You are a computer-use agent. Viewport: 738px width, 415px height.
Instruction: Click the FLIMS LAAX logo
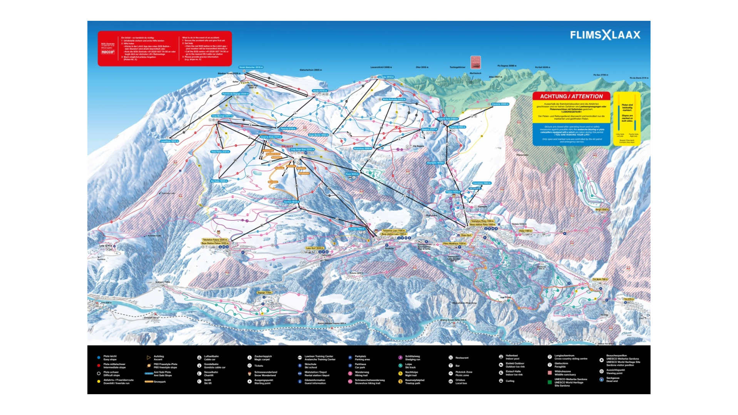coord(605,35)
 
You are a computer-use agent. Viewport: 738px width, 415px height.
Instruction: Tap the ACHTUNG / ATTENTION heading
coord(571,96)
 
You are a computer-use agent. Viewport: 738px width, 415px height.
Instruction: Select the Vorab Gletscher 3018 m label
coord(251,67)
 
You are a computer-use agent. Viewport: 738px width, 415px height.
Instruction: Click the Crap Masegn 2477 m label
coord(222,116)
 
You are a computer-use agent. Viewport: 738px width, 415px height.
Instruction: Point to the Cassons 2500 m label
coord(500,104)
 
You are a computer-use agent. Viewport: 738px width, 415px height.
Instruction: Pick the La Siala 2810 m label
coord(385,77)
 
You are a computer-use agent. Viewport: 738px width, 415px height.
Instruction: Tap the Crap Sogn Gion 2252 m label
coord(302,150)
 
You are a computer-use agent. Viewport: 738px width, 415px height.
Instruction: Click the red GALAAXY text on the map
coord(287,146)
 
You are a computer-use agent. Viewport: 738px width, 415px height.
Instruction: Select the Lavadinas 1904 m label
coord(169,141)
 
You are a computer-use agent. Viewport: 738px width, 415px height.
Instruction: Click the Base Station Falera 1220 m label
coord(215,243)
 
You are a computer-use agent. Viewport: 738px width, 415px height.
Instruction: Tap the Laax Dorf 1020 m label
coord(315,248)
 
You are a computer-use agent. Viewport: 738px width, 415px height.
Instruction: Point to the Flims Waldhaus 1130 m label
coord(454,244)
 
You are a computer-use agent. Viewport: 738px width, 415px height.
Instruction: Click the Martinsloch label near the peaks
coord(475,73)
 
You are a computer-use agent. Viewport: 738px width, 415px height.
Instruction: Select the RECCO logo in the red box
coord(108,52)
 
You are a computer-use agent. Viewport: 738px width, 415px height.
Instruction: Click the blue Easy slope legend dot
coord(99,358)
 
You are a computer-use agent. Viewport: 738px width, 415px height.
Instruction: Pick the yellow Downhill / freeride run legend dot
coord(99,381)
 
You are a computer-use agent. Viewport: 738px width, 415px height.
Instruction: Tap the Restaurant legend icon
coord(450,358)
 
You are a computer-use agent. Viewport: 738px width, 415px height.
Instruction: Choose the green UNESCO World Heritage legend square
coord(549,382)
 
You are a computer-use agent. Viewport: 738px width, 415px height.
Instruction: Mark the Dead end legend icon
coord(601,380)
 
